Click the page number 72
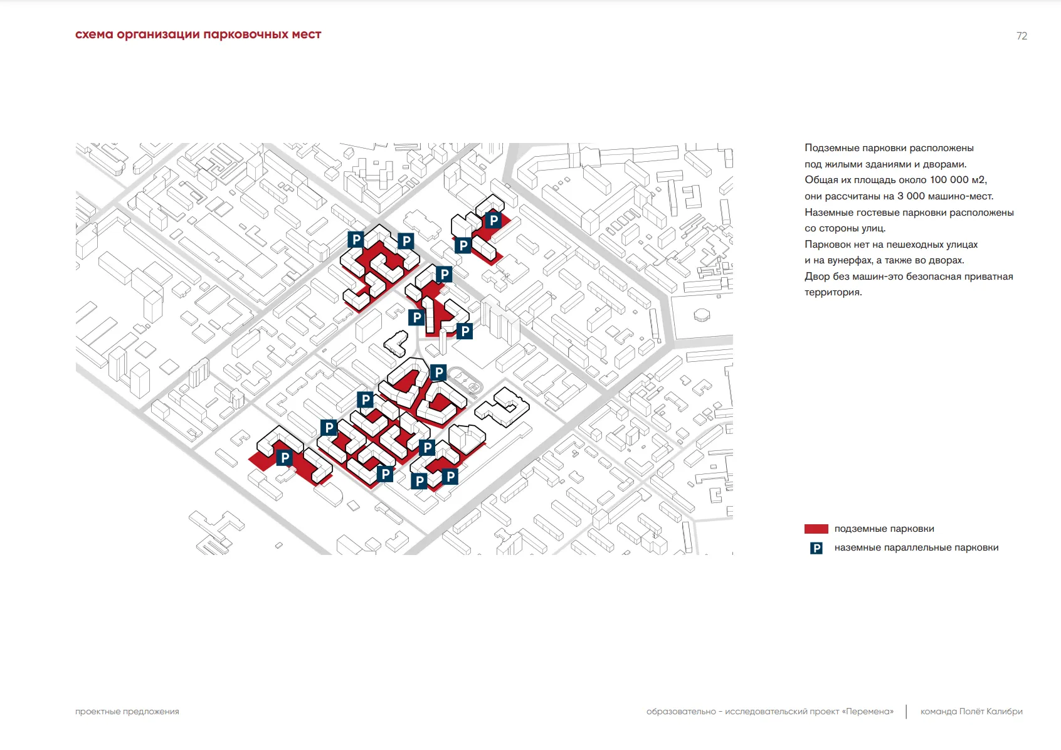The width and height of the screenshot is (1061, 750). click(1021, 36)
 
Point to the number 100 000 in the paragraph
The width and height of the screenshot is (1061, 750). click(949, 180)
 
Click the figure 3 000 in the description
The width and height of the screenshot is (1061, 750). click(911, 196)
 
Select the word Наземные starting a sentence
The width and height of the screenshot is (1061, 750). click(827, 213)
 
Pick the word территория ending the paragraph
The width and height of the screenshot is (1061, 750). click(832, 292)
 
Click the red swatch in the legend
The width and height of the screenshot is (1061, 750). click(816, 529)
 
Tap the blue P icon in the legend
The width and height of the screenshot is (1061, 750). click(816, 548)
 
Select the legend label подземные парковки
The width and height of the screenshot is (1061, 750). click(884, 529)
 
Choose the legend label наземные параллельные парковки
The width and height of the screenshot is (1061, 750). click(916, 547)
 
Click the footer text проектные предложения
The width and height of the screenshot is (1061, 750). click(127, 712)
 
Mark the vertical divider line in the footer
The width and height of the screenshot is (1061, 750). click(906, 712)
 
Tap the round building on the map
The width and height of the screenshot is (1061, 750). click(702, 314)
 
